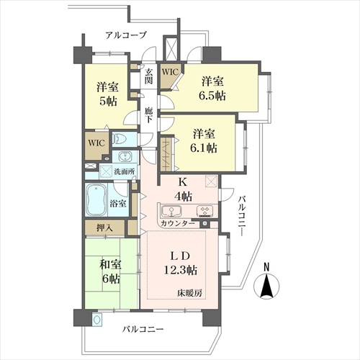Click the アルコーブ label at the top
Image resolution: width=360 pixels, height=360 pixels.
tap(126, 35)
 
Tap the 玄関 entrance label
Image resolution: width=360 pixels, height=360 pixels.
tap(148, 76)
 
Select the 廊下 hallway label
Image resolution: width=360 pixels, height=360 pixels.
tap(148, 115)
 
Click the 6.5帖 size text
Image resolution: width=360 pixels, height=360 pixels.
tap(212, 96)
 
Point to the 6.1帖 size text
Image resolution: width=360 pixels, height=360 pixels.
tap(204, 148)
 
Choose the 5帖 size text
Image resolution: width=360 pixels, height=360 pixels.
tap(108, 101)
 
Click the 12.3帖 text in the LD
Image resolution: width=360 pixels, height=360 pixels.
tap(181, 270)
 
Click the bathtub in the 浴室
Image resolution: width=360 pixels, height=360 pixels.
tap(96, 200)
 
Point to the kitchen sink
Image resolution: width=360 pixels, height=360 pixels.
tap(171, 211)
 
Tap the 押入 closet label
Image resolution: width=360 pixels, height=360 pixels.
tap(104, 228)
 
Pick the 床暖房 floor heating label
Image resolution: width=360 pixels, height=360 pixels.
tap(190, 293)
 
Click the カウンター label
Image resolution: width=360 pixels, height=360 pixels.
tap(178, 223)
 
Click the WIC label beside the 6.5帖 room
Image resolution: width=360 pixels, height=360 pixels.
tap(170, 72)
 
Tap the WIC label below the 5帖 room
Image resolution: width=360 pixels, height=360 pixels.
tap(96, 143)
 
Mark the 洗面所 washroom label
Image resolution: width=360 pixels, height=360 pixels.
tap(125, 171)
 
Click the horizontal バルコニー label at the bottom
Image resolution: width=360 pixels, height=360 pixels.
tap(143, 329)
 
